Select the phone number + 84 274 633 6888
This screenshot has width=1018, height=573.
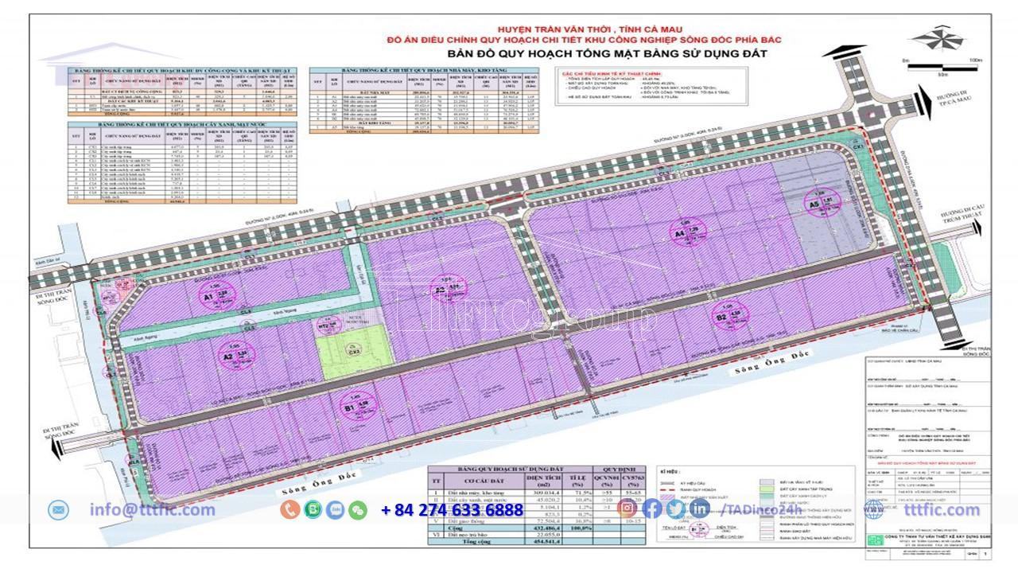(452, 510)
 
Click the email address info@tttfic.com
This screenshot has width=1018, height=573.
(152, 510)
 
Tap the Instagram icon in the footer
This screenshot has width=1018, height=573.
(627, 509)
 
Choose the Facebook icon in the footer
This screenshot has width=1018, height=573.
(652, 509)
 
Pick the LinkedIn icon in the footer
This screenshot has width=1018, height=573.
(701, 509)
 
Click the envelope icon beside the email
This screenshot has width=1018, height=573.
(59, 509)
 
